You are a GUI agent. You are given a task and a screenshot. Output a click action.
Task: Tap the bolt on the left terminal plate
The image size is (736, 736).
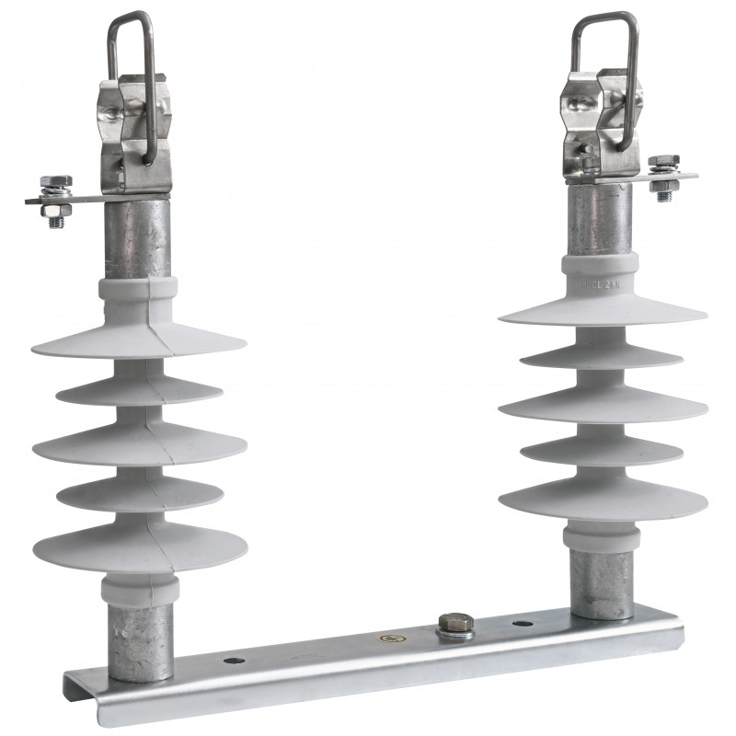(x=53, y=199)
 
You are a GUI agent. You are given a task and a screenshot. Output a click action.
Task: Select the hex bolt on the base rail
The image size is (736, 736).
(x=455, y=627)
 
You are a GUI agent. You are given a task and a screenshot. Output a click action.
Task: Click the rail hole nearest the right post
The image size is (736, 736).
(x=522, y=623)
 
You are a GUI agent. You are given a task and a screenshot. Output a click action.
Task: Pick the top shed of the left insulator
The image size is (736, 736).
(x=138, y=340)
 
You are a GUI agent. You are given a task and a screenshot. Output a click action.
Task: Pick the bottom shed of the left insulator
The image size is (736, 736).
(x=138, y=547)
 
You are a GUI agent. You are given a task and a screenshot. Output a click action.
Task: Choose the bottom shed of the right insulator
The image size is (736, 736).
(x=603, y=501)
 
